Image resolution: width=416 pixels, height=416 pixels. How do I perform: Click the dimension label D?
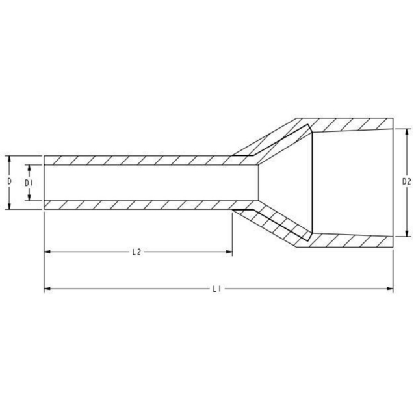coord(9,183)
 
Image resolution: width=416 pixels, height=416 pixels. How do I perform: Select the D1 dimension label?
coord(28,183)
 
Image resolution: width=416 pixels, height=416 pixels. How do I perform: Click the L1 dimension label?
coord(218,289)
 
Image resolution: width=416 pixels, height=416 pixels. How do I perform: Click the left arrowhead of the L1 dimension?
coord(47,289)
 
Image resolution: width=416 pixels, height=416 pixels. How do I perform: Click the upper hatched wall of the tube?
coord(136,160)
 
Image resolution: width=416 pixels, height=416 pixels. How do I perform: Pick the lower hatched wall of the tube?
coord(136,205)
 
